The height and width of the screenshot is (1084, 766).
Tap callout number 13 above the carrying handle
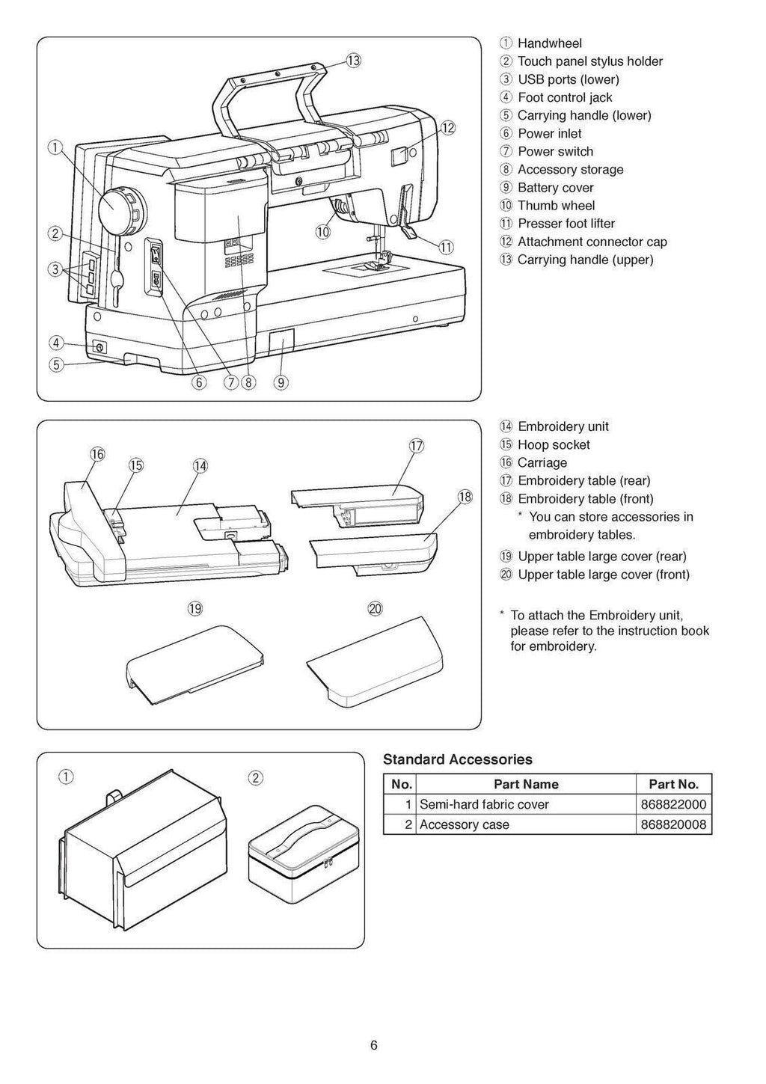353,61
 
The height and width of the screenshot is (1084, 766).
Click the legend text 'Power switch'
555,151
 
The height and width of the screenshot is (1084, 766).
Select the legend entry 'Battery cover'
555,188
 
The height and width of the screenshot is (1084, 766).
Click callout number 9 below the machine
281,382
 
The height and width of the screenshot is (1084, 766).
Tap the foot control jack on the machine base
98,347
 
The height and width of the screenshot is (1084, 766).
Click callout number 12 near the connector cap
447,127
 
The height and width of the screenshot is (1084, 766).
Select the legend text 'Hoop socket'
554,444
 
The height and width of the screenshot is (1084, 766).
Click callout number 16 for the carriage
97,454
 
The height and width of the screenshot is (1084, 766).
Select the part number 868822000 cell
673,804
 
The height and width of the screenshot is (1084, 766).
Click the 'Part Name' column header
526,784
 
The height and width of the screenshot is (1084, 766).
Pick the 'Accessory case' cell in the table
464,824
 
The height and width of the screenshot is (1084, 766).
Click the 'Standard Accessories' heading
458,759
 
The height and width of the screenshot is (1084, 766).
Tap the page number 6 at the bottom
373,1045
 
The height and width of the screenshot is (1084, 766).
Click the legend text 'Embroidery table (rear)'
583,480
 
